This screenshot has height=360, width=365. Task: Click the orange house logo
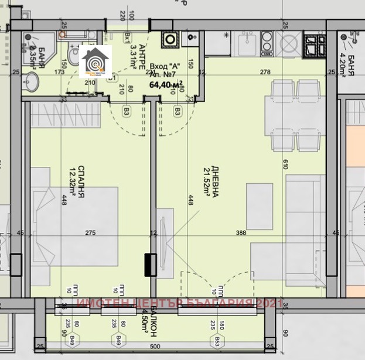[95, 61]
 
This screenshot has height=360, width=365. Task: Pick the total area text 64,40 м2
[166, 84]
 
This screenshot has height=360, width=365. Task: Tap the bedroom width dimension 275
[90, 233]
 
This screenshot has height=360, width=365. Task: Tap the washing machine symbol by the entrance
[170, 39]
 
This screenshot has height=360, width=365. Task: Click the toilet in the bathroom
[73, 56]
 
